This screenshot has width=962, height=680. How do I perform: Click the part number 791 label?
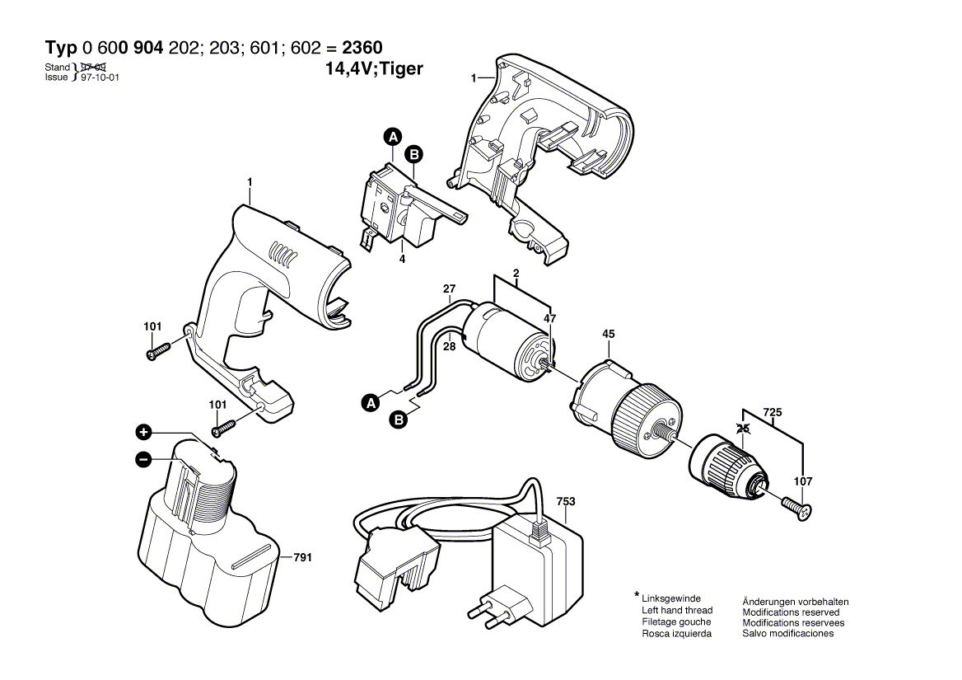tap(303, 558)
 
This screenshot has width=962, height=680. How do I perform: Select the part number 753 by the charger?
tap(566, 501)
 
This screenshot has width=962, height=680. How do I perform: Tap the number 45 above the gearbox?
tap(608, 335)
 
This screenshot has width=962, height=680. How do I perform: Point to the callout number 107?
tap(803, 481)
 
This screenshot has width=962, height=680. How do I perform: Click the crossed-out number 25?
tap(743, 429)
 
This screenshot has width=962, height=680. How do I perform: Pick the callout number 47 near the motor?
tap(549, 318)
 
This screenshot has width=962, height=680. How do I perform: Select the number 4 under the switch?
tap(402, 259)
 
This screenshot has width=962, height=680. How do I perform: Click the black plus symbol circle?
tap(143, 432)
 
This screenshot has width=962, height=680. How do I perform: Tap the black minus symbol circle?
tap(143, 459)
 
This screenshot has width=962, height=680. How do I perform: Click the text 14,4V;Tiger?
tap(375, 69)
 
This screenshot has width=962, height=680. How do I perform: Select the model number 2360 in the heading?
tap(359, 48)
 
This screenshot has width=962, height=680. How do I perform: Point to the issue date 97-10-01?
tap(100, 77)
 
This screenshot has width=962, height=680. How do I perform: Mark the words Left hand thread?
tap(676, 611)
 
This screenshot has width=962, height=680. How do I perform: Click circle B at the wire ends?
tap(399, 421)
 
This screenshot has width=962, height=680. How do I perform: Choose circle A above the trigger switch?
tap(394, 137)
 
